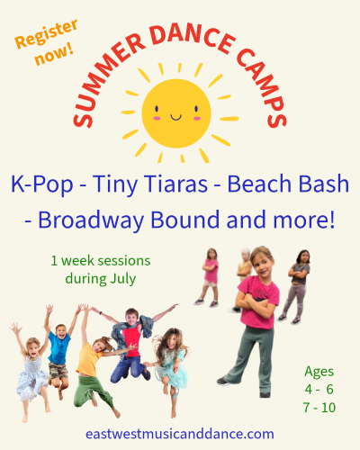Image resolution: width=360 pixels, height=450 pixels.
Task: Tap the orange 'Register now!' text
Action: pyautogui.click(x=42, y=46)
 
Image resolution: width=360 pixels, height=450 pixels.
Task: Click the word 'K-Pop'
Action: pyautogui.click(x=40, y=184)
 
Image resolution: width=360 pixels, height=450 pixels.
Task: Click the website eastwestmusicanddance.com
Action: pyautogui.click(x=179, y=433)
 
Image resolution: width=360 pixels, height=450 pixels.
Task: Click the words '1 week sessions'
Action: pyautogui.click(x=100, y=260)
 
